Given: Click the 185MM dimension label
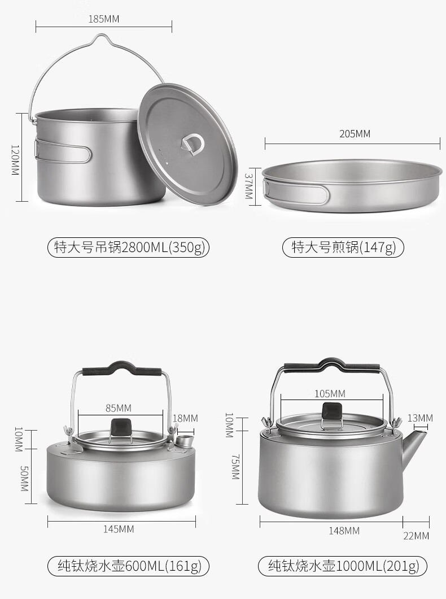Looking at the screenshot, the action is pyautogui.click(x=104, y=19).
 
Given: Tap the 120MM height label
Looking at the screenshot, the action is pyautogui.click(x=15, y=160).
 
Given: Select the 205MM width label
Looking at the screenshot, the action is pyautogui.click(x=355, y=134).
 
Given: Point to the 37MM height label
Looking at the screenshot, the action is pyautogui.click(x=248, y=186).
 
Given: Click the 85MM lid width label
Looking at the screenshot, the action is pyautogui.click(x=118, y=408).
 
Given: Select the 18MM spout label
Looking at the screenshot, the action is pyautogui.click(x=185, y=418).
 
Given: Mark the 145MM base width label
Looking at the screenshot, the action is pyautogui.click(x=119, y=529).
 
